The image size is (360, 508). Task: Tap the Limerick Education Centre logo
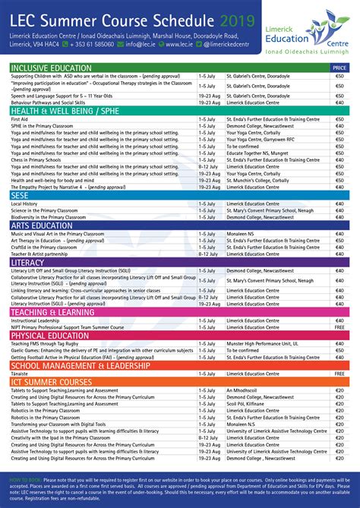317,30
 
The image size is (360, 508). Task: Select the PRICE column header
339,68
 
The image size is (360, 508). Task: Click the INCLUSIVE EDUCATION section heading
51,68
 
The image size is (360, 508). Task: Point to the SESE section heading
21,195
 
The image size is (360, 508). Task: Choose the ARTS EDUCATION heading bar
42,226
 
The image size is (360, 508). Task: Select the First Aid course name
20,119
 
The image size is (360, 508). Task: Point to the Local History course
25,204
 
